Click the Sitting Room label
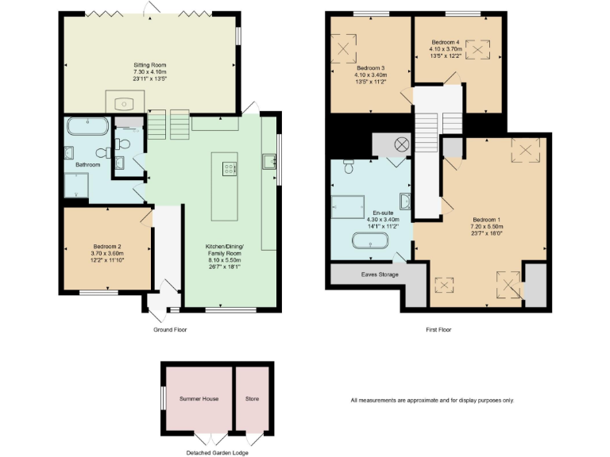coord(149,64)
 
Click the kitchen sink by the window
coord(267,162)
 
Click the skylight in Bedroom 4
coord(477,50)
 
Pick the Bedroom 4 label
coord(446,41)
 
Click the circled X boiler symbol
coord(401,144)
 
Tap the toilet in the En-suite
coord(348,167)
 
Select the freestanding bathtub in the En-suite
coord(371,240)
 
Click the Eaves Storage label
coord(378,275)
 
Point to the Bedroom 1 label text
coord(487,219)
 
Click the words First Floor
coord(438,328)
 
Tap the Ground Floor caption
coord(169,328)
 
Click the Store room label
coord(252,398)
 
